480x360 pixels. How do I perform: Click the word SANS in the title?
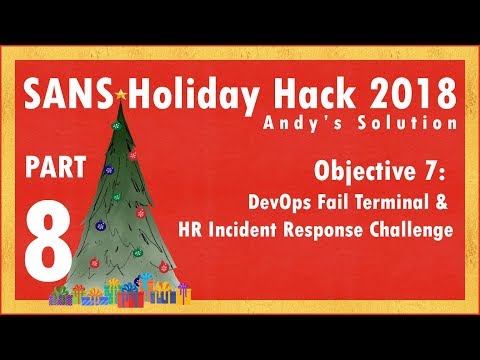pos(70,93)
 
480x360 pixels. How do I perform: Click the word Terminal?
pos(381,203)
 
